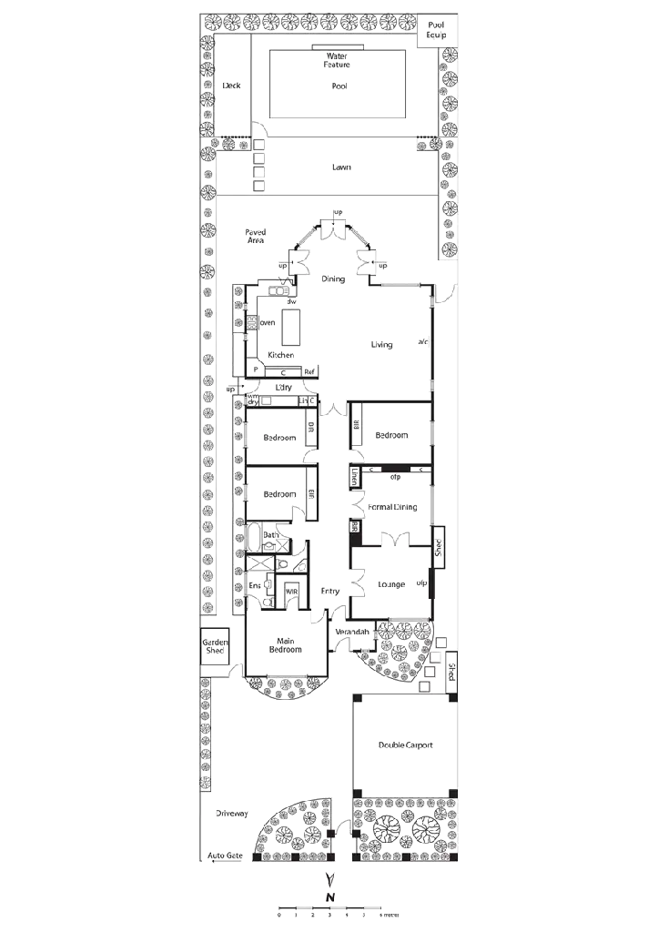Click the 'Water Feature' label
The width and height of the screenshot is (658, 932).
(339, 60)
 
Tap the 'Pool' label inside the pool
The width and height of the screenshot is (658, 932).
(339, 86)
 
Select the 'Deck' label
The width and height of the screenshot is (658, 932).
(231, 86)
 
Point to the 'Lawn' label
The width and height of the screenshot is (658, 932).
(341, 167)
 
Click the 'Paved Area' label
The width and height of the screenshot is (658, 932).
(256, 237)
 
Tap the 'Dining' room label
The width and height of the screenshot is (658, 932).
(334, 279)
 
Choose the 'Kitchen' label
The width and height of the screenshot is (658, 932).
(280, 354)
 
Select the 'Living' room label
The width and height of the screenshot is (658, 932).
(382, 344)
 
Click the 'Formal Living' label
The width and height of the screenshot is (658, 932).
(392, 506)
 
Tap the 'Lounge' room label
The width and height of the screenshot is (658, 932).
(392, 583)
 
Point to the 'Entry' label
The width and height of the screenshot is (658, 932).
(330, 591)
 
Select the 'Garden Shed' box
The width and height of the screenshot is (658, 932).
(214, 646)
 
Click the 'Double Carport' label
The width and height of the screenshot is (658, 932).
(406, 745)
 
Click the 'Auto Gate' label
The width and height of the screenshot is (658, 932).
(225, 856)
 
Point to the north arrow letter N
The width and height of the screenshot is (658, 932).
(331, 897)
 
